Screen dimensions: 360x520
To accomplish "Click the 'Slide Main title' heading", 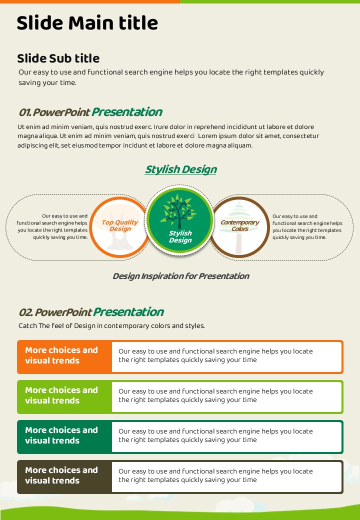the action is coord(87,23).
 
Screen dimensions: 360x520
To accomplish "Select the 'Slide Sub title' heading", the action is coord(58,58).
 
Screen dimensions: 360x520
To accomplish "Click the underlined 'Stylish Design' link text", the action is coord(180,169).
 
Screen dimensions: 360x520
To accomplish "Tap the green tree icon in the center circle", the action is coord(179,211).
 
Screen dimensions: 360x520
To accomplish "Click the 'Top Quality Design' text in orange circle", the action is coord(119,225).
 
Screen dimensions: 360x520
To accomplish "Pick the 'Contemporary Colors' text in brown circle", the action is coord(239,225).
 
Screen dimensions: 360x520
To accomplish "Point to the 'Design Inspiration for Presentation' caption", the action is coord(180,276).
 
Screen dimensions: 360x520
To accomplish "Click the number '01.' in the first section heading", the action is coord(25,112).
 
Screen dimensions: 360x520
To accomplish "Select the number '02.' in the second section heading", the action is coord(26,312).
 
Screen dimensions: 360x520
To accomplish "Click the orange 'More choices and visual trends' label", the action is coord(61,355).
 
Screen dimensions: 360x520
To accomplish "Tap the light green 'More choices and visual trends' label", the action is coord(61,395).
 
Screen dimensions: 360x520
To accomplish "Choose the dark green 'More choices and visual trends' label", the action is coord(61,435).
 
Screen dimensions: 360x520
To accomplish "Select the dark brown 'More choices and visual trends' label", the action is coord(61,475).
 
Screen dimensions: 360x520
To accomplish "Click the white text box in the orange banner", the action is coord(226,357).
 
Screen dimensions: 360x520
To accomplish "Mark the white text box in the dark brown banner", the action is coord(226,477).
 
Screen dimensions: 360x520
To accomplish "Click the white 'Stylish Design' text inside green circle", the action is coord(180,237).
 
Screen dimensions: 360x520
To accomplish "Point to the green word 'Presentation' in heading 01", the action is coord(127,112).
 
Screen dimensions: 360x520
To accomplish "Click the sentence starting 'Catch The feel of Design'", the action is coord(111,325).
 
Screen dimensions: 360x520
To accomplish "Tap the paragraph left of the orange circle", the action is coord(52,226).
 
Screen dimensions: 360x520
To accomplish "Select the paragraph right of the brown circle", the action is coord(307,227).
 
